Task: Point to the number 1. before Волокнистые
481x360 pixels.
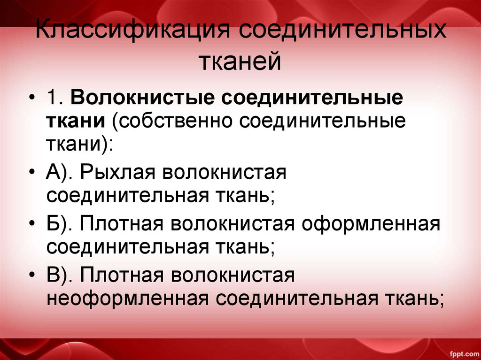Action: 56,100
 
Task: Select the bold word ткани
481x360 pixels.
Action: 75,121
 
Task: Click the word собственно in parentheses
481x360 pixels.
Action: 173,121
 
